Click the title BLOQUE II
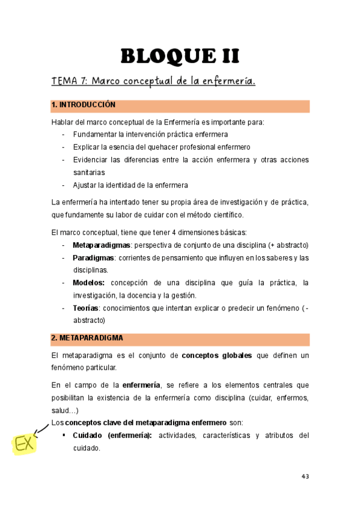[180, 57]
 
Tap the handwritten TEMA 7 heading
[153, 81]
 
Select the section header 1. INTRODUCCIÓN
[84, 105]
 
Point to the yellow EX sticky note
[24, 444]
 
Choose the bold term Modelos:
[88, 283]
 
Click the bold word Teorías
[87, 308]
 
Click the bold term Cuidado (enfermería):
[112, 435]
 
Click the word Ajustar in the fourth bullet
[85, 185]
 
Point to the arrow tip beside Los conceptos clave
[49, 425]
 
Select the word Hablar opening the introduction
[63, 122]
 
